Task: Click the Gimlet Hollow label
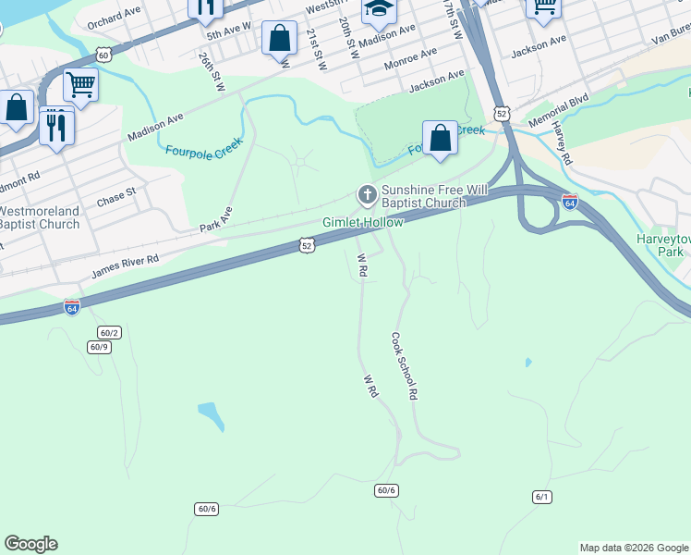[362, 223]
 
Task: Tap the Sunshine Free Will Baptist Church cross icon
[367, 195]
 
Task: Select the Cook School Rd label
[406, 366]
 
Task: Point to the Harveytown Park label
[661, 245]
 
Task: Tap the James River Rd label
[125, 267]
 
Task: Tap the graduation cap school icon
[377, 8]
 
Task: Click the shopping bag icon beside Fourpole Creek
[442, 138]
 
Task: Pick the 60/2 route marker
[109, 332]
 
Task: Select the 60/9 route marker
[99, 347]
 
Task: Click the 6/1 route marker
[542, 497]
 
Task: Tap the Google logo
[30, 544]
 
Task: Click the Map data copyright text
[633, 548]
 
